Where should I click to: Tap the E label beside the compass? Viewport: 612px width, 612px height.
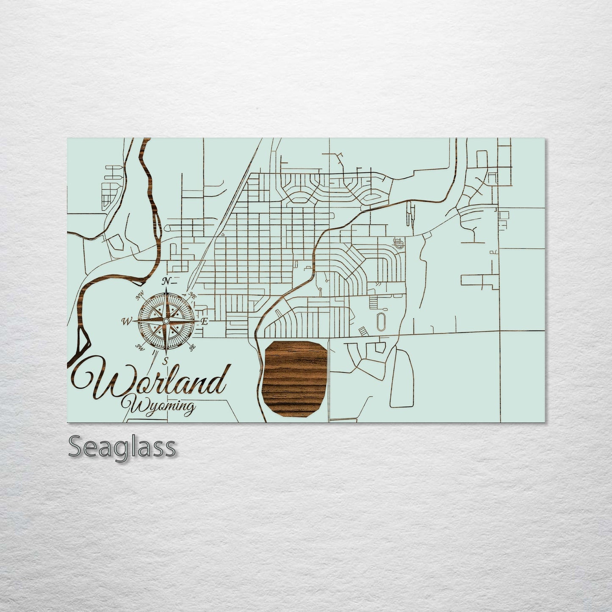[204, 322]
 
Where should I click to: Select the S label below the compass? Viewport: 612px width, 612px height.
[166, 361]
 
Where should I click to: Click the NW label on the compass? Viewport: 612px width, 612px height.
[139, 298]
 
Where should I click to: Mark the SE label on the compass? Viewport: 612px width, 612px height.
[193, 348]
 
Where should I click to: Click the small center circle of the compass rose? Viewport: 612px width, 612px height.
[166, 322]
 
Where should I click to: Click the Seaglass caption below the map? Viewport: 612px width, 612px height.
[122, 447]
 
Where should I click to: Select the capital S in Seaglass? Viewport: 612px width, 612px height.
[76, 447]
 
